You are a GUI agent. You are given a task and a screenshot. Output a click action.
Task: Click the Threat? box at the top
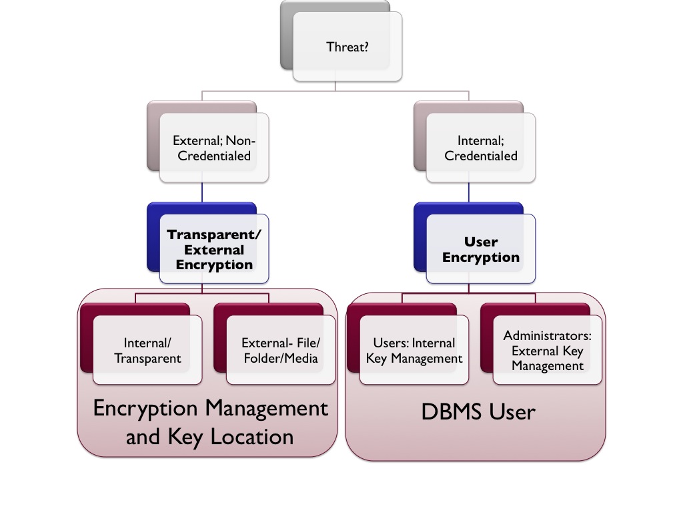point(348,47)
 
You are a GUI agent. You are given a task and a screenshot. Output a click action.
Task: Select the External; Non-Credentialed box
point(213,148)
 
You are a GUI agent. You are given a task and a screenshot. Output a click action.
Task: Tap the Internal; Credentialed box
point(480,148)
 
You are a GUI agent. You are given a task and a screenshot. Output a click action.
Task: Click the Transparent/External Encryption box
point(213,248)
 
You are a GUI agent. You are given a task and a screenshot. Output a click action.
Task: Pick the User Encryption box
point(480,249)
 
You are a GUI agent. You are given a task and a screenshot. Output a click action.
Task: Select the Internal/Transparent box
point(147,350)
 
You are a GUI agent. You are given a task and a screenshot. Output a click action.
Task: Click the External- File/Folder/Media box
point(281,350)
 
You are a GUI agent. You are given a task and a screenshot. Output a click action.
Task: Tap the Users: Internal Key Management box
point(414,350)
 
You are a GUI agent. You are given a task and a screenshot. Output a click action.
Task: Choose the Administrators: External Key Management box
point(547,350)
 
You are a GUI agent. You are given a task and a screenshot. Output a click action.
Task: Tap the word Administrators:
point(548,335)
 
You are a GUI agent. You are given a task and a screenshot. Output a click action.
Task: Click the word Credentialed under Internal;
point(481,156)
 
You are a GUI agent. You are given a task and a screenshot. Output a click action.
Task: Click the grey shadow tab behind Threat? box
point(287,40)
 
